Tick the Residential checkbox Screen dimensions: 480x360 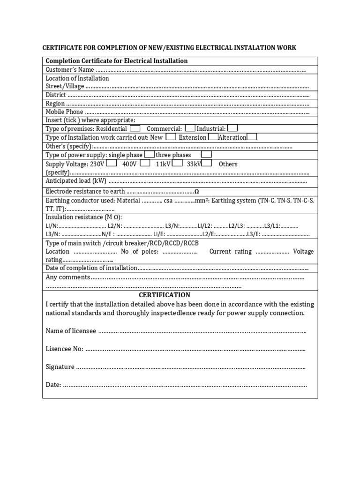point(135,128)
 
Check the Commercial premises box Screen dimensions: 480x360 point(190,128)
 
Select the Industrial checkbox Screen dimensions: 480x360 point(232,128)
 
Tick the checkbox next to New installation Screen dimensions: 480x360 point(171,137)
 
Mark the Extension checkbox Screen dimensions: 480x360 point(212,137)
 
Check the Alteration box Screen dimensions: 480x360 point(252,137)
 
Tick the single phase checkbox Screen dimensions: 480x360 point(150,154)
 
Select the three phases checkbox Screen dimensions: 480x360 point(206,154)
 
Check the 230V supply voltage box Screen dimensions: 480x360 point(112,163)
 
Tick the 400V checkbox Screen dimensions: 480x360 point(145,163)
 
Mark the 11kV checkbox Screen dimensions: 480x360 point(177,163)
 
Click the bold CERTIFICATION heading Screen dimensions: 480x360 point(165,295)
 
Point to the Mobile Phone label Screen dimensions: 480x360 point(64,112)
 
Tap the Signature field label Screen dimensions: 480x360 point(60,367)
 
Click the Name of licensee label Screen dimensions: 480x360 point(71,331)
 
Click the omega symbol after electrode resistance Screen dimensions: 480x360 point(196,191)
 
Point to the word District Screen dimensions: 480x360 point(55,95)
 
